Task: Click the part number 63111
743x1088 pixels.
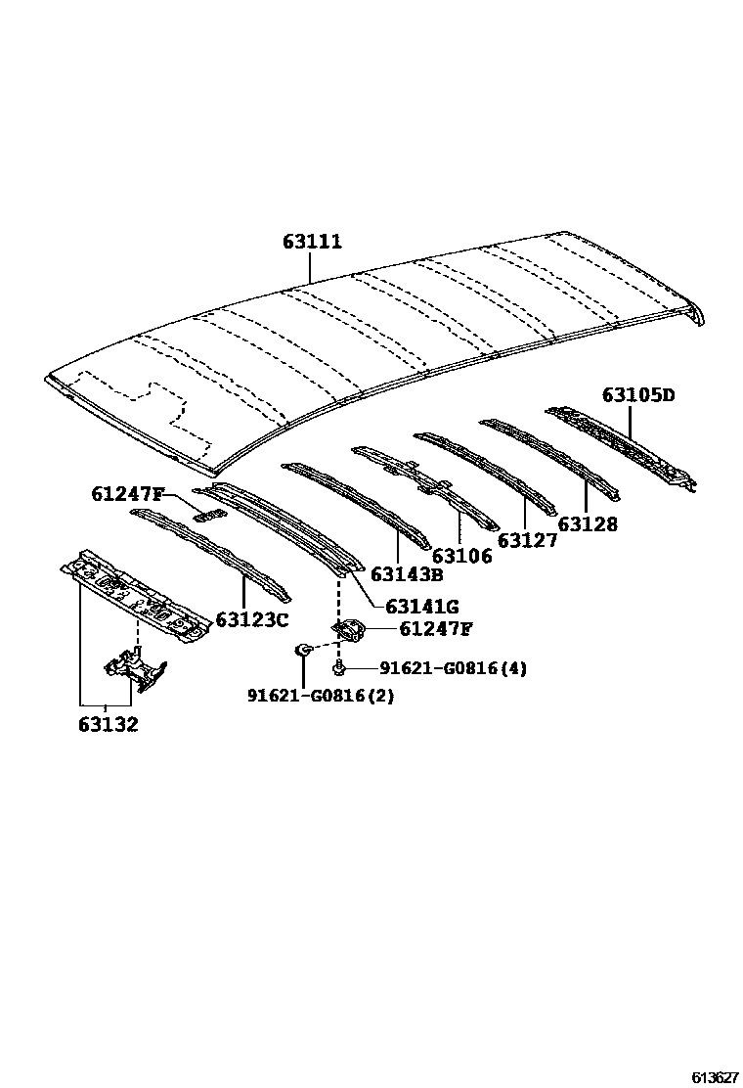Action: tap(313, 241)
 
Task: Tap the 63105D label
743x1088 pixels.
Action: tap(638, 395)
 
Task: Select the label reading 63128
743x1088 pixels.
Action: tap(587, 524)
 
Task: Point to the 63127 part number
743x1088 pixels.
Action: tap(527, 540)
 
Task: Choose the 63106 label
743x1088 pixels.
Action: tap(461, 556)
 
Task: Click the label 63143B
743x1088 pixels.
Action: tap(407, 574)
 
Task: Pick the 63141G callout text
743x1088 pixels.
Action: tap(422, 608)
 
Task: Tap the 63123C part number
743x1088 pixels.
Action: tap(252, 619)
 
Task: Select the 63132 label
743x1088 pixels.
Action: tap(109, 725)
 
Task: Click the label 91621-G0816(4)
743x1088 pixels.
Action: tap(453, 669)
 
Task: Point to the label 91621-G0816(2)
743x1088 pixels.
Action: tap(321, 696)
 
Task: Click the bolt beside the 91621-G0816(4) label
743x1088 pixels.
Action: tap(338, 669)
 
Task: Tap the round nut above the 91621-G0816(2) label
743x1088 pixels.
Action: tap(304, 649)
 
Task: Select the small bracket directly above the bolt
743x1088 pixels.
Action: tap(348, 631)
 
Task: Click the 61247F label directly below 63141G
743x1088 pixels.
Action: tap(436, 629)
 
